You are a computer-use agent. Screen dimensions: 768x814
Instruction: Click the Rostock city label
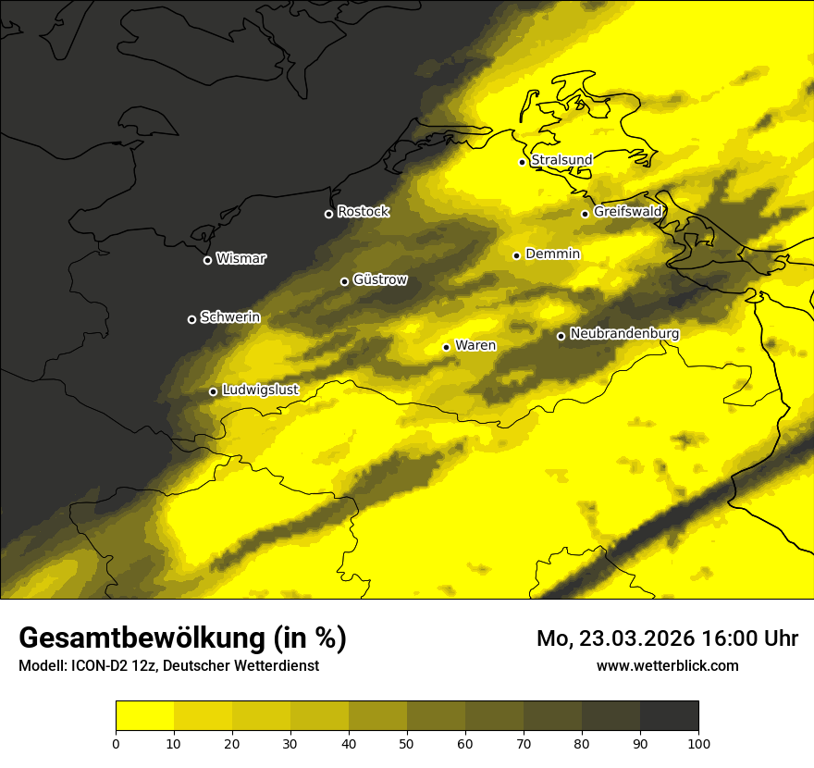(363, 212)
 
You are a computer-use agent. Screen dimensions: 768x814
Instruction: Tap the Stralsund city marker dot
(522, 162)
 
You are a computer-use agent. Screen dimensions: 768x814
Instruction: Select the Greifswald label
(627, 212)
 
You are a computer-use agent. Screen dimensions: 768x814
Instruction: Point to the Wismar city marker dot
(207, 260)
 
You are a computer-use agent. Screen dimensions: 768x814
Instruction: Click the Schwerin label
(229, 317)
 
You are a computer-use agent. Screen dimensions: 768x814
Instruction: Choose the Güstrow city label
(379, 279)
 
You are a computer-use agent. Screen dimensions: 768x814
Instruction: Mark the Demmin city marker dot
(516, 255)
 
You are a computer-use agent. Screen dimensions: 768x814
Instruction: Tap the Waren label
(475, 346)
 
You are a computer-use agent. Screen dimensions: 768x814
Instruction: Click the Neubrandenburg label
(624, 334)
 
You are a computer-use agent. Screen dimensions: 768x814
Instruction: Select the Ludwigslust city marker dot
(213, 391)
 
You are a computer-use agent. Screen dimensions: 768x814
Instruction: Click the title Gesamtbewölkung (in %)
(182, 638)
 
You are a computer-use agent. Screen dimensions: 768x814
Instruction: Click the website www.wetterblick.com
(667, 665)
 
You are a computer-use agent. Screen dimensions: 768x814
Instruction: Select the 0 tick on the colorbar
(116, 742)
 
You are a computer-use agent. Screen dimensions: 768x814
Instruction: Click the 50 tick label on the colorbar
(407, 742)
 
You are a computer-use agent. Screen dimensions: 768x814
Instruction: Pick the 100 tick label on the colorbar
(698, 742)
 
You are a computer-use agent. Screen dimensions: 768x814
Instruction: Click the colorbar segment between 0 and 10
(144, 715)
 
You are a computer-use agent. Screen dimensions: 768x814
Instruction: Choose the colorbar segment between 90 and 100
(669, 715)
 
